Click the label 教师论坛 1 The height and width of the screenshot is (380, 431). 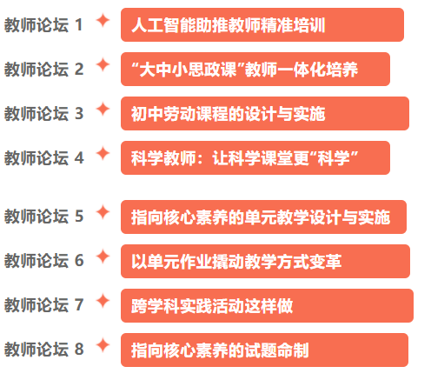click(x=43, y=25)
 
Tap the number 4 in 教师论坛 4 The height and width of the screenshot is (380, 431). click(x=79, y=158)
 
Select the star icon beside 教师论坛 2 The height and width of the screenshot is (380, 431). click(x=103, y=65)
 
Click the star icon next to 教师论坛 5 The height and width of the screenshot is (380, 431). click(x=103, y=212)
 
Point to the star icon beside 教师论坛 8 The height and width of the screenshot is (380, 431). click(x=103, y=345)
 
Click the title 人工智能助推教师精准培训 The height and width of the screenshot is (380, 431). click(x=229, y=25)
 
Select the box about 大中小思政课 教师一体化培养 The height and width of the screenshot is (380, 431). click(x=255, y=70)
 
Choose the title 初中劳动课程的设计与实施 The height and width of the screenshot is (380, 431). click(x=229, y=114)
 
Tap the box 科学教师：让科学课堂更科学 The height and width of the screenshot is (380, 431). click(x=255, y=158)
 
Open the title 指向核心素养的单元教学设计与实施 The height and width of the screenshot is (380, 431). click(x=261, y=217)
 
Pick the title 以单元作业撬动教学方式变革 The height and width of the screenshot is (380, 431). click(x=236, y=262)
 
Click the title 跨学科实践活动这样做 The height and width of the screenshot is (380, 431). click(x=212, y=306)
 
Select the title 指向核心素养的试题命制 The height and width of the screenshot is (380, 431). click(x=220, y=350)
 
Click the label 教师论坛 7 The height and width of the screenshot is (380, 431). click(x=43, y=305)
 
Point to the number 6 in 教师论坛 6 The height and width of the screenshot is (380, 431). click(x=79, y=260)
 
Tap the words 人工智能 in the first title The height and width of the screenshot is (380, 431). click(x=163, y=25)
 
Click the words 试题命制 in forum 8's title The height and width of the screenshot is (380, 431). click(x=277, y=350)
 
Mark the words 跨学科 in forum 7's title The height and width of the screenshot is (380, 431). click(x=156, y=306)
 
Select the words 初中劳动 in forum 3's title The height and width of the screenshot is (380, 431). click(x=163, y=114)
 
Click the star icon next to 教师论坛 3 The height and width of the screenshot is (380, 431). click(x=103, y=110)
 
